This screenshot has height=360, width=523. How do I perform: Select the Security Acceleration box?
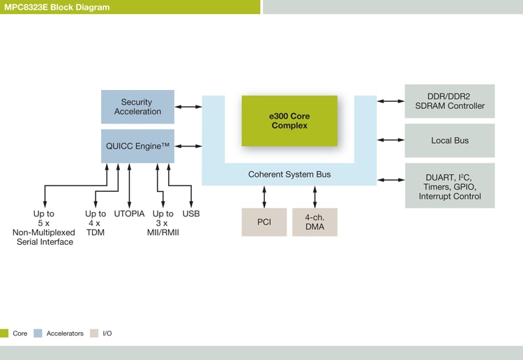pyautogui.click(x=137, y=107)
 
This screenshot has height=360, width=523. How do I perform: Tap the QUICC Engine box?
pyautogui.click(x=137, y=146)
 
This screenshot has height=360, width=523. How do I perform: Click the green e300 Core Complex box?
pyautogui.click(x=289, y=121)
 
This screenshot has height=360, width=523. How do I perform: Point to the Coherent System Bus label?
pyautogui.click(x=289, y=174)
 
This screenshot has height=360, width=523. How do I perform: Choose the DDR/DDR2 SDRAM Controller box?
pyautogui.click(x=450, y=101)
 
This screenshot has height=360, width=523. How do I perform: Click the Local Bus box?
pyautogui.click(x=450, y=140)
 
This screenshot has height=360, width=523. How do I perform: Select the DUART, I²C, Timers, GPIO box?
pyautogui.click(x=450, y=186)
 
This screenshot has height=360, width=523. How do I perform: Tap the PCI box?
pyautogui.click(x=264, y=222)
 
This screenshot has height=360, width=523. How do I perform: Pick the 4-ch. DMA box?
pyautogui.click(x=314, y=222)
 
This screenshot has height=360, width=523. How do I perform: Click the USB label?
pyautogui.click(x=191, y=213)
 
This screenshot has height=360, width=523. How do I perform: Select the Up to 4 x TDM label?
pyautogui.click(x=96, y=223)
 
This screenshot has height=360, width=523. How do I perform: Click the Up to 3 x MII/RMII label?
pyautogui.click(x=163, y=223)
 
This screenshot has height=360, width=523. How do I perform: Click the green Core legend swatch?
pyautogui.click(x=4, y=333)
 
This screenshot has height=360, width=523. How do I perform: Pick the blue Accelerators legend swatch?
pyautogui.click(x=38, y=333)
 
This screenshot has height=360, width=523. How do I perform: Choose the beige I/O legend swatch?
pyautogui.click(x=93, y=333)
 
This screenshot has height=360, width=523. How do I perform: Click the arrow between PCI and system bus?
pyautogui.click(x=264, y=197)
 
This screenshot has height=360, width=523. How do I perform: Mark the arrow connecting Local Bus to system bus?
pyautogui.click(x=391, y=140)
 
